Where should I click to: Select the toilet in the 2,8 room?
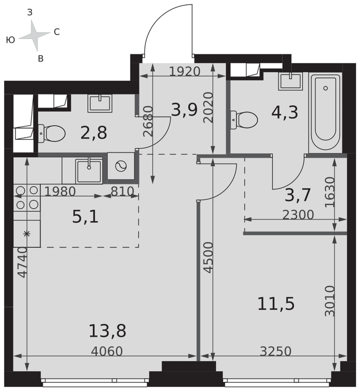(x=52, y=134)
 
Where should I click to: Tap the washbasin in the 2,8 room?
(x=100, y=104)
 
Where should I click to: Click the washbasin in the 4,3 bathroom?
(x=291, y=81)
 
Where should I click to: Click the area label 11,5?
(x=276, y=304)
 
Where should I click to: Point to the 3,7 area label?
(x=297, y=195)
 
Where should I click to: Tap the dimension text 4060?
(x=106, y=352)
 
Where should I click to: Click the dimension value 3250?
(x=276, y=352)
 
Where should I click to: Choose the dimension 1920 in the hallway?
(x=185, y=72)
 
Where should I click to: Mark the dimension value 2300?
(x=298, y=215)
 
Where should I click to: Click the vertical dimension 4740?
(x=22, y=262)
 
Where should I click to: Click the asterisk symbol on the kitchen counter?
(x=27, y=234)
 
